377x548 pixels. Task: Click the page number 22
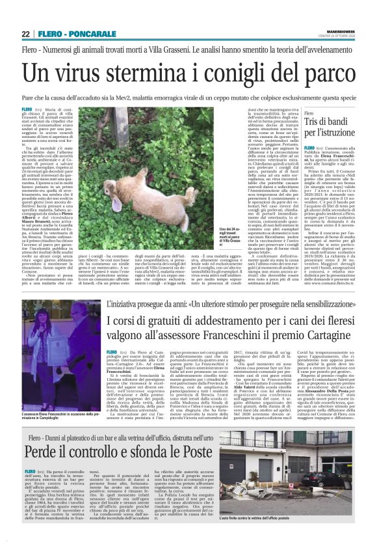25,34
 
